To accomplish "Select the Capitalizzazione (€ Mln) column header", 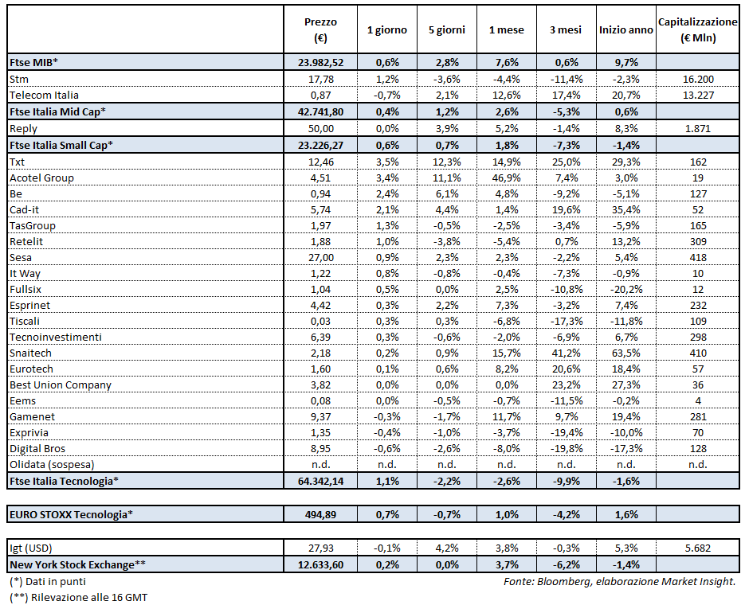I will (x=698, y=29).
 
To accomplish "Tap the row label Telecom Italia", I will (x=44, y=96).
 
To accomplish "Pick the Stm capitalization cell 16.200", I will (x=698, y=80).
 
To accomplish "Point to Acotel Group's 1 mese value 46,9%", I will (x=506, y=178).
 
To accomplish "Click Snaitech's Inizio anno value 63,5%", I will (x=626, y=353).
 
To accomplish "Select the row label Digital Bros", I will (x=37, y=448).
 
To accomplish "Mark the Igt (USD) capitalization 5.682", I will (x=698, y=548).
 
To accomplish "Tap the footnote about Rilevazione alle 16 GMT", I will (x=79, y=597).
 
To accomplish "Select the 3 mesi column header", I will (x=566, y=29).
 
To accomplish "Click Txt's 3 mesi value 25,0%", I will (x=566, y=162).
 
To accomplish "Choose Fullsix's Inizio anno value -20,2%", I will (x=626, y=289).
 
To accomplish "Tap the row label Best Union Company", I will (x=61, y=384).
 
